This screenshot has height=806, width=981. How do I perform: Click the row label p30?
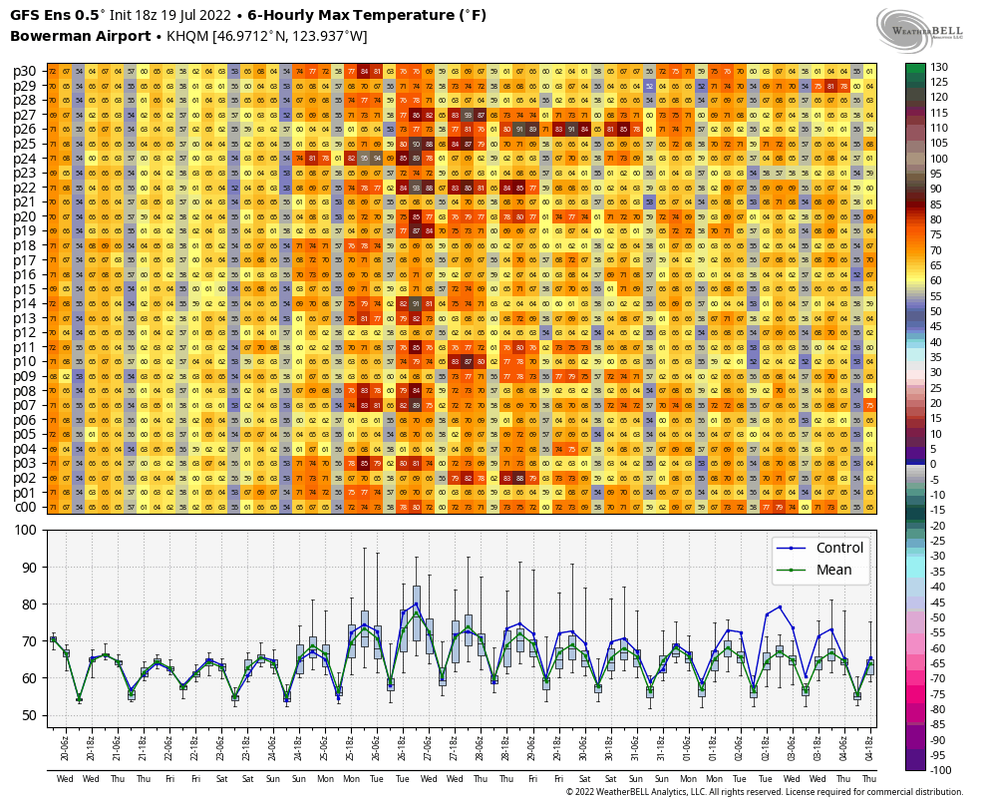tap(25, 71)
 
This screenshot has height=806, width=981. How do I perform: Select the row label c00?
tap(25, 507)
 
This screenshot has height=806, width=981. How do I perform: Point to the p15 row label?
tap(25, 289)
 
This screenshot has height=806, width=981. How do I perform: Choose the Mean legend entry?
tap(831, 570)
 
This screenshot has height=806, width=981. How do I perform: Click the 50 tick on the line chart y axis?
tap(32, 715)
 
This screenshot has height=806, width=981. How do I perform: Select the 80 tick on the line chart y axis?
tap(32, 604)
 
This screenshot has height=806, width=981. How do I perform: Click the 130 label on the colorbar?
tap(940, 67)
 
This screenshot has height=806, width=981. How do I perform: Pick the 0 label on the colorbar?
tap(934, 464)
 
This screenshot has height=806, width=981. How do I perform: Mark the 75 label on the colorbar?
tap(937, 234)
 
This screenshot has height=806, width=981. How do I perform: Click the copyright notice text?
tap(764, 792)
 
